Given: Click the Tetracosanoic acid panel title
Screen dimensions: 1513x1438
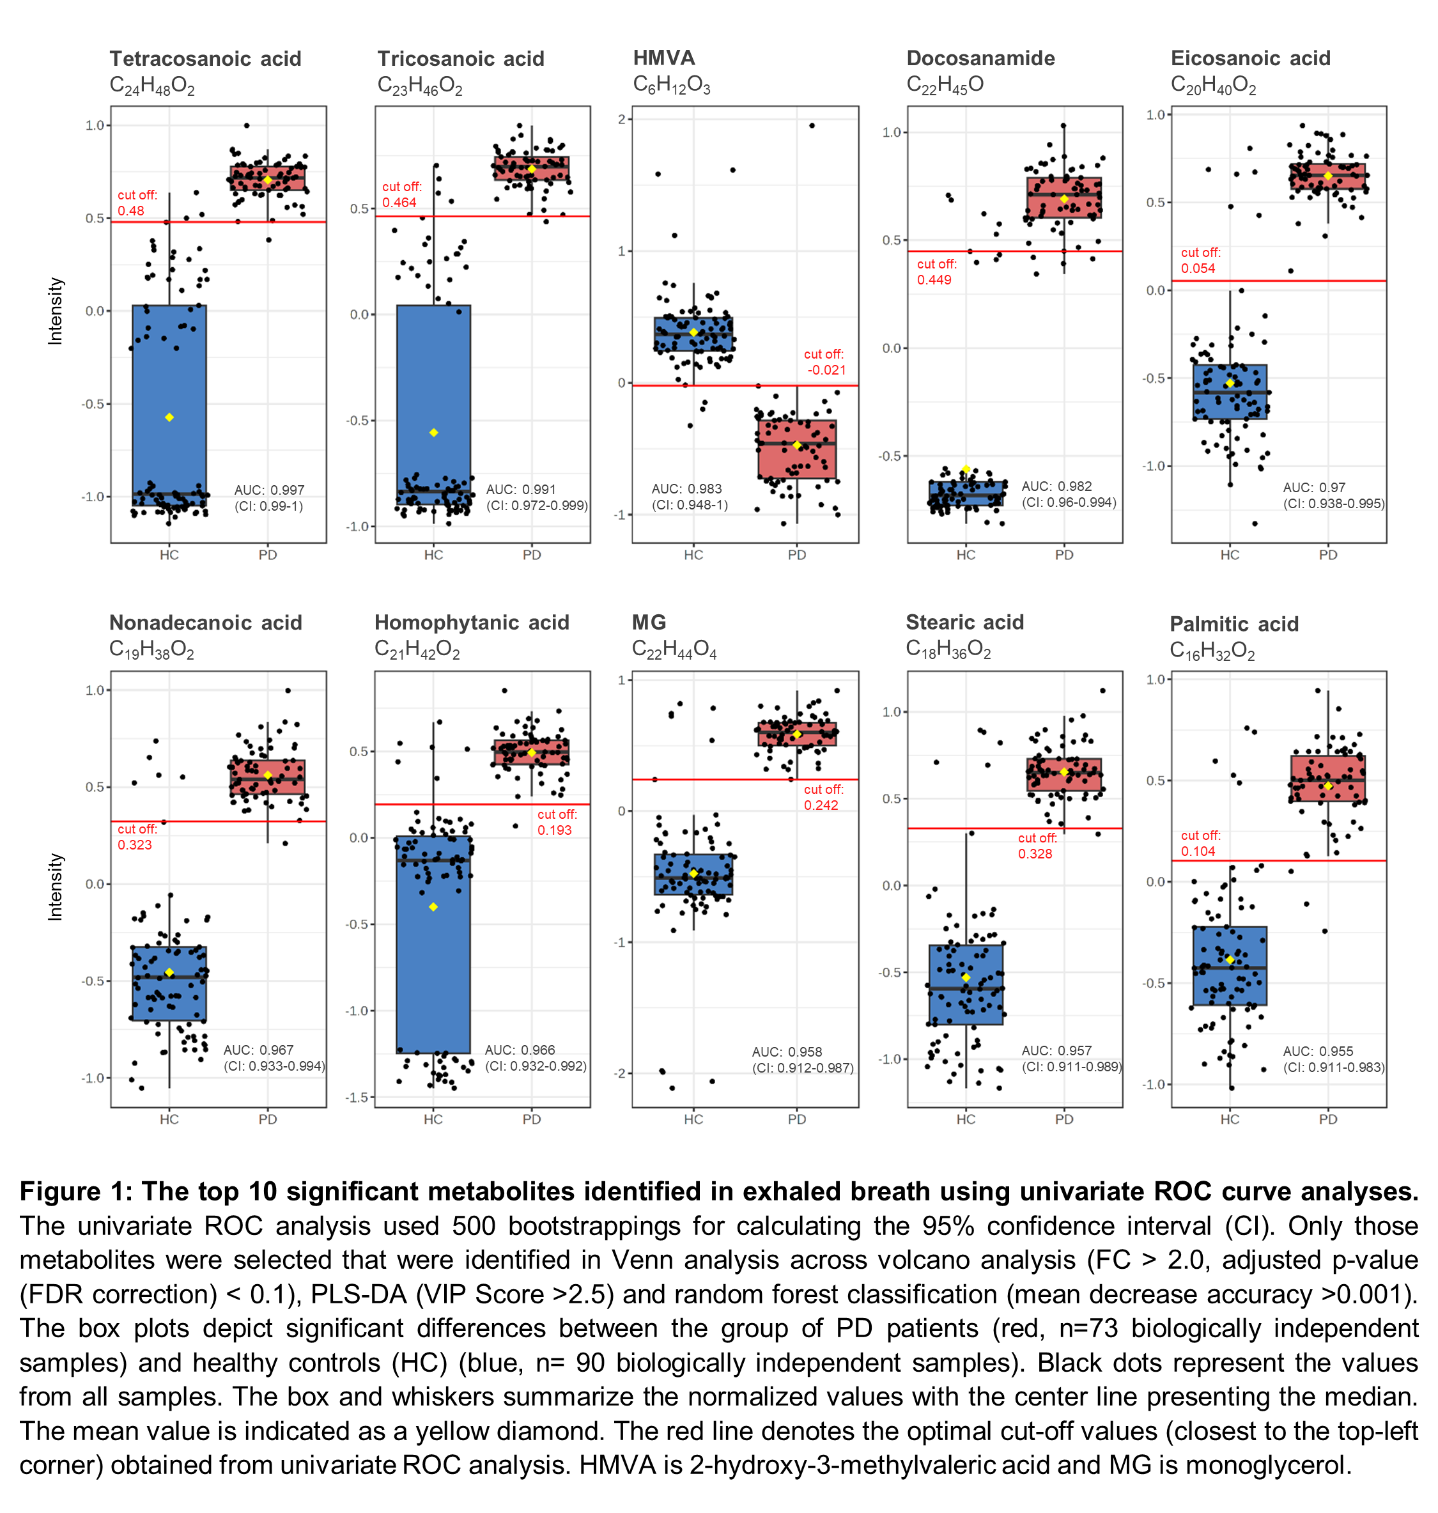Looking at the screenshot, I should [205, 59].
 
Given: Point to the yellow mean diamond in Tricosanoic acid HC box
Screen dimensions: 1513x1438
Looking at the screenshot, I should [433, 433].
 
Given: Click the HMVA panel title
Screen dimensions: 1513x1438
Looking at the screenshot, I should [664, 58].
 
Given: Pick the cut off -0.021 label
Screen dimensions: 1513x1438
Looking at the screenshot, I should [824, 362].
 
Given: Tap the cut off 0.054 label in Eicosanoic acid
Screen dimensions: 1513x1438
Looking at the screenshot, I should [1200, 261].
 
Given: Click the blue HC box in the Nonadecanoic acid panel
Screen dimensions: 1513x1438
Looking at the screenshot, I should [169, 983].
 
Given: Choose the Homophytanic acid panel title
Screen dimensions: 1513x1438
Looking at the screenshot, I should [472, 623].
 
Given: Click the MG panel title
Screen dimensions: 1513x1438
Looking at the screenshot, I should [649, 623].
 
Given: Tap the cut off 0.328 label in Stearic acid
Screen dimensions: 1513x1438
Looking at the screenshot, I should [1037, 846].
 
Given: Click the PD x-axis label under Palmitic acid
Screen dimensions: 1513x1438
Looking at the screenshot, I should [1327, 1119].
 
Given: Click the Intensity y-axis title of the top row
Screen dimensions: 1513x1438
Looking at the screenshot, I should [55, 311].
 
